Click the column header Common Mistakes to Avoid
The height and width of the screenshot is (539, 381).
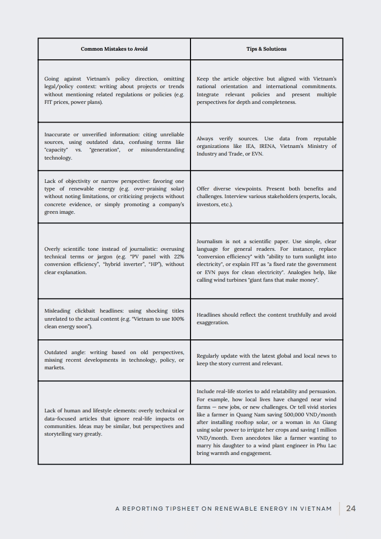tap(114, 49)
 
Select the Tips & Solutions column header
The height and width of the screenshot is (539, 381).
tap(266, 49)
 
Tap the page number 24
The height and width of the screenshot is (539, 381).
tap(351, 509)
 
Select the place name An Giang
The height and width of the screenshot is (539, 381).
tap(325, 422)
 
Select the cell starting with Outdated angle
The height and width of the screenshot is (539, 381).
tap(114, 360)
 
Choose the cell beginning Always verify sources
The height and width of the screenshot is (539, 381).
tap(266, 146)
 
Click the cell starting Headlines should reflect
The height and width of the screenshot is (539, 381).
tap(266, 319)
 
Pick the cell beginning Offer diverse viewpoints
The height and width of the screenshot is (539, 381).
tap(266, 197)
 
